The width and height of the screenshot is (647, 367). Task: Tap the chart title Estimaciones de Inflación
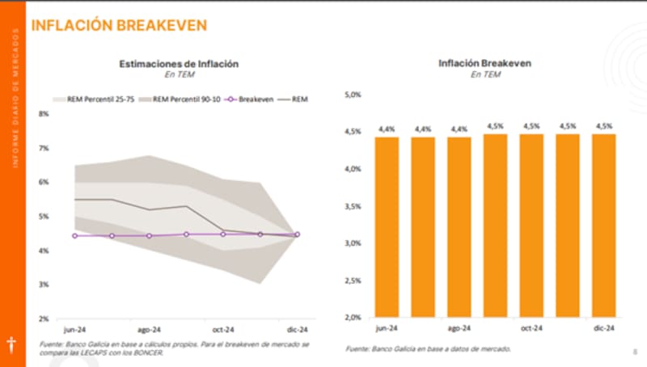[x=179, y=63]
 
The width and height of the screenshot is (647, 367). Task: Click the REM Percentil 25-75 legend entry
[x=90, y=99]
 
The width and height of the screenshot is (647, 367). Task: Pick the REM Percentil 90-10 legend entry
[x=176, y=99]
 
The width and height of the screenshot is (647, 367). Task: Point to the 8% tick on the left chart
[x=44, y=114]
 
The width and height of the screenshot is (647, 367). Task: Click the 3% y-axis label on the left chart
[x=44, y=285]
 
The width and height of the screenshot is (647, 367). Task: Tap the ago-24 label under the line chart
[x=148, y=330]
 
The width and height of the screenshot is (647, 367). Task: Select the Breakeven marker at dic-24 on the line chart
[x=297, y=234]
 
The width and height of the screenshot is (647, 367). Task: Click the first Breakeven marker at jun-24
[x=74, y=236]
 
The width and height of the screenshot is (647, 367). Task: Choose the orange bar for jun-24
[x=387, y=226]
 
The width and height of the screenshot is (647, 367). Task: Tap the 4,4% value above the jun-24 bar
[x=387, y=129]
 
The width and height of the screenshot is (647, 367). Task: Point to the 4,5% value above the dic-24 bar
[x=603, y=126]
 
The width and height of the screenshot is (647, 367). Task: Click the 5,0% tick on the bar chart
[x=353, y=95]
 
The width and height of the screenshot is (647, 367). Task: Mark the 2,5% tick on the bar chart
[x=353, y=280]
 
